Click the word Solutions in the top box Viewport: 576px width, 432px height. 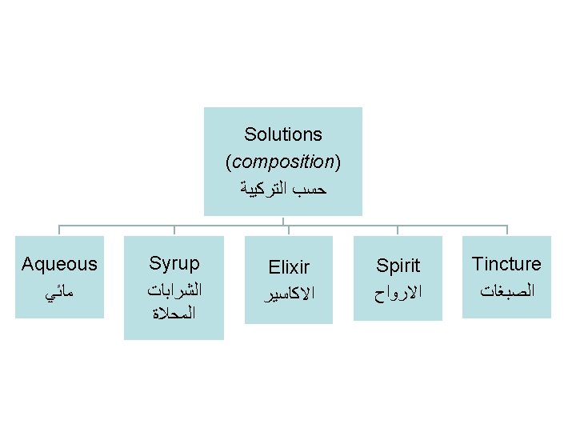pos(283,134)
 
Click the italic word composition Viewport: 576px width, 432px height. pos(283,162)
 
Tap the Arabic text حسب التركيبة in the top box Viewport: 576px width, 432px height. pos(283,190)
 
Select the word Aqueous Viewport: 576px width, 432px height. pos(59,264)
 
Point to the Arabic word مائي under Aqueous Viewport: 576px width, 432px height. pos(59,293)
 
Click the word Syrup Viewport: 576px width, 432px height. pos(174,263)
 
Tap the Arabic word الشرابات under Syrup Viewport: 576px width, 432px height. pos(174,289)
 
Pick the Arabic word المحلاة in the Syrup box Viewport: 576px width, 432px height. pos(174,313)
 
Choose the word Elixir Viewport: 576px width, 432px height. pos(289,267)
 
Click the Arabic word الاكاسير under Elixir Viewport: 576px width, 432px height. pos(289,294)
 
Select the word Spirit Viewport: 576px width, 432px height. pos(398,266)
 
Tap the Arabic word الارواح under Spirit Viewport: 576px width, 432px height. pos(398,293)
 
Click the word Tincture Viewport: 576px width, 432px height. pos(506,264)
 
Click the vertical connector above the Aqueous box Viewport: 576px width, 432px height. pos(59,230)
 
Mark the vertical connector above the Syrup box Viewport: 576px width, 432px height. pos(174,230)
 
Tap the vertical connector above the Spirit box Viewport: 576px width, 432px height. pos(398,230)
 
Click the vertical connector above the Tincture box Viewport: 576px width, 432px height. pos(506,230)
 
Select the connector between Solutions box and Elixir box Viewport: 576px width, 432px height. pos(288,226)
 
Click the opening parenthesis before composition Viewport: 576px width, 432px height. pos(229,162)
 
